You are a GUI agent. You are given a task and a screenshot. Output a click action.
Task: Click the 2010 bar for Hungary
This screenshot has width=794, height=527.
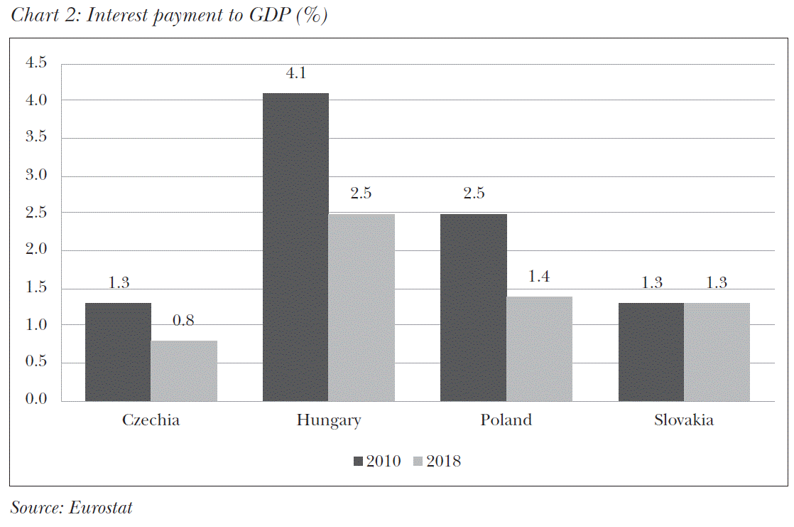295,247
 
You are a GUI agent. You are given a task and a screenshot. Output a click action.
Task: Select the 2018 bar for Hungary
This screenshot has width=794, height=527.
361,307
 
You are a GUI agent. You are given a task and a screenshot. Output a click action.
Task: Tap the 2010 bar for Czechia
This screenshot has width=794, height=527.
118,352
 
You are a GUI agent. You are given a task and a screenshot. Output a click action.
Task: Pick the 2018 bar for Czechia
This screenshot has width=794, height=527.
184,371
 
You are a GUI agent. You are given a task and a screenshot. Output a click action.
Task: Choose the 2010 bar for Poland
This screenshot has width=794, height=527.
473,307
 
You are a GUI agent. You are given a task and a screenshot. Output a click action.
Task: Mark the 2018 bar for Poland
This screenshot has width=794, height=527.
539,348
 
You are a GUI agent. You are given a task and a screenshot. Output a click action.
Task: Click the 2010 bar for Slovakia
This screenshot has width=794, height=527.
651,352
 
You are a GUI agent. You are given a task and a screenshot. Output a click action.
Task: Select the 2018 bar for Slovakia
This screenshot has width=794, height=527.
717,352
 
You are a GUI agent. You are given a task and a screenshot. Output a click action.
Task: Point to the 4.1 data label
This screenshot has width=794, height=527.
295,73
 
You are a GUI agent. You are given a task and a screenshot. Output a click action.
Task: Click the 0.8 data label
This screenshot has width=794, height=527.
184,321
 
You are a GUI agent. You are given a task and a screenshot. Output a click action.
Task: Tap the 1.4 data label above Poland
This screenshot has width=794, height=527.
539,276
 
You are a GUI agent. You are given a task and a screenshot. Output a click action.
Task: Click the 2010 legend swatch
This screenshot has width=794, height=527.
358,462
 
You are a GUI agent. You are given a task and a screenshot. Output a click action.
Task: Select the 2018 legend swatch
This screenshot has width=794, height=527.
418,462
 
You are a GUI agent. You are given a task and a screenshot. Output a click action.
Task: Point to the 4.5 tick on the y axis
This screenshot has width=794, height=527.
36,63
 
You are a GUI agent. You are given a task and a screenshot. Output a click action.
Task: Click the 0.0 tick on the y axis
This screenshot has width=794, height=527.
36,400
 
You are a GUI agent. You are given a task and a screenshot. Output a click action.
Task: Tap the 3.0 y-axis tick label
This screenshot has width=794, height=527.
36,176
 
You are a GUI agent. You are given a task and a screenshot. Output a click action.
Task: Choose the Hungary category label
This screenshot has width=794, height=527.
329,420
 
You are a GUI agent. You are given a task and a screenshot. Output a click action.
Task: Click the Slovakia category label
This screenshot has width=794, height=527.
684,420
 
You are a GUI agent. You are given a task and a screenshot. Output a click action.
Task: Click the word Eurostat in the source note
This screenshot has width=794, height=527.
101,507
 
